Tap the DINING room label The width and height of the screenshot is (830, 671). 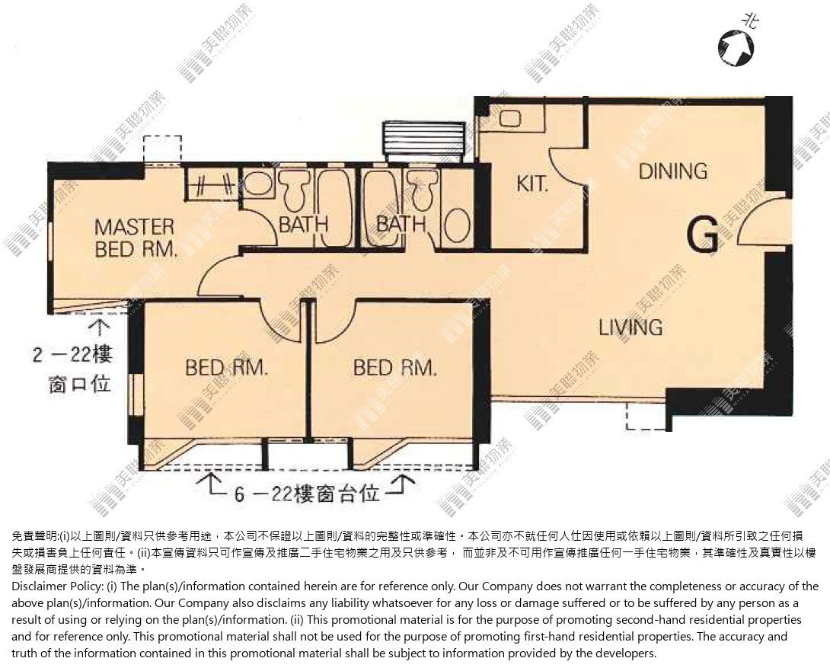(x=673, y=171)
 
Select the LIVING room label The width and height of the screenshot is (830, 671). (x=630, y=328)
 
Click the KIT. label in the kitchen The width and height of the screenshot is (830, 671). (x=532, y=184)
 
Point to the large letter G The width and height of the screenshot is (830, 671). (x=702, y=235)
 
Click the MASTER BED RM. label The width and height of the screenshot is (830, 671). (x=135, y=238)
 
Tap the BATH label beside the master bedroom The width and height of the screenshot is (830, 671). (x=303, y=225)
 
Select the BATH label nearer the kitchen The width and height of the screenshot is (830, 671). (x=401, y=224)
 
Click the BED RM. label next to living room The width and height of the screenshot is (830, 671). (x=395, y=368)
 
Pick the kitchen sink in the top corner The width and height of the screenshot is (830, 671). (x=509, y=118)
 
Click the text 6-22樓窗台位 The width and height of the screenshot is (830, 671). (x=307, y=494)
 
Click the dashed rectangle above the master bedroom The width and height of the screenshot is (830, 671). (x=162, y=150)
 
